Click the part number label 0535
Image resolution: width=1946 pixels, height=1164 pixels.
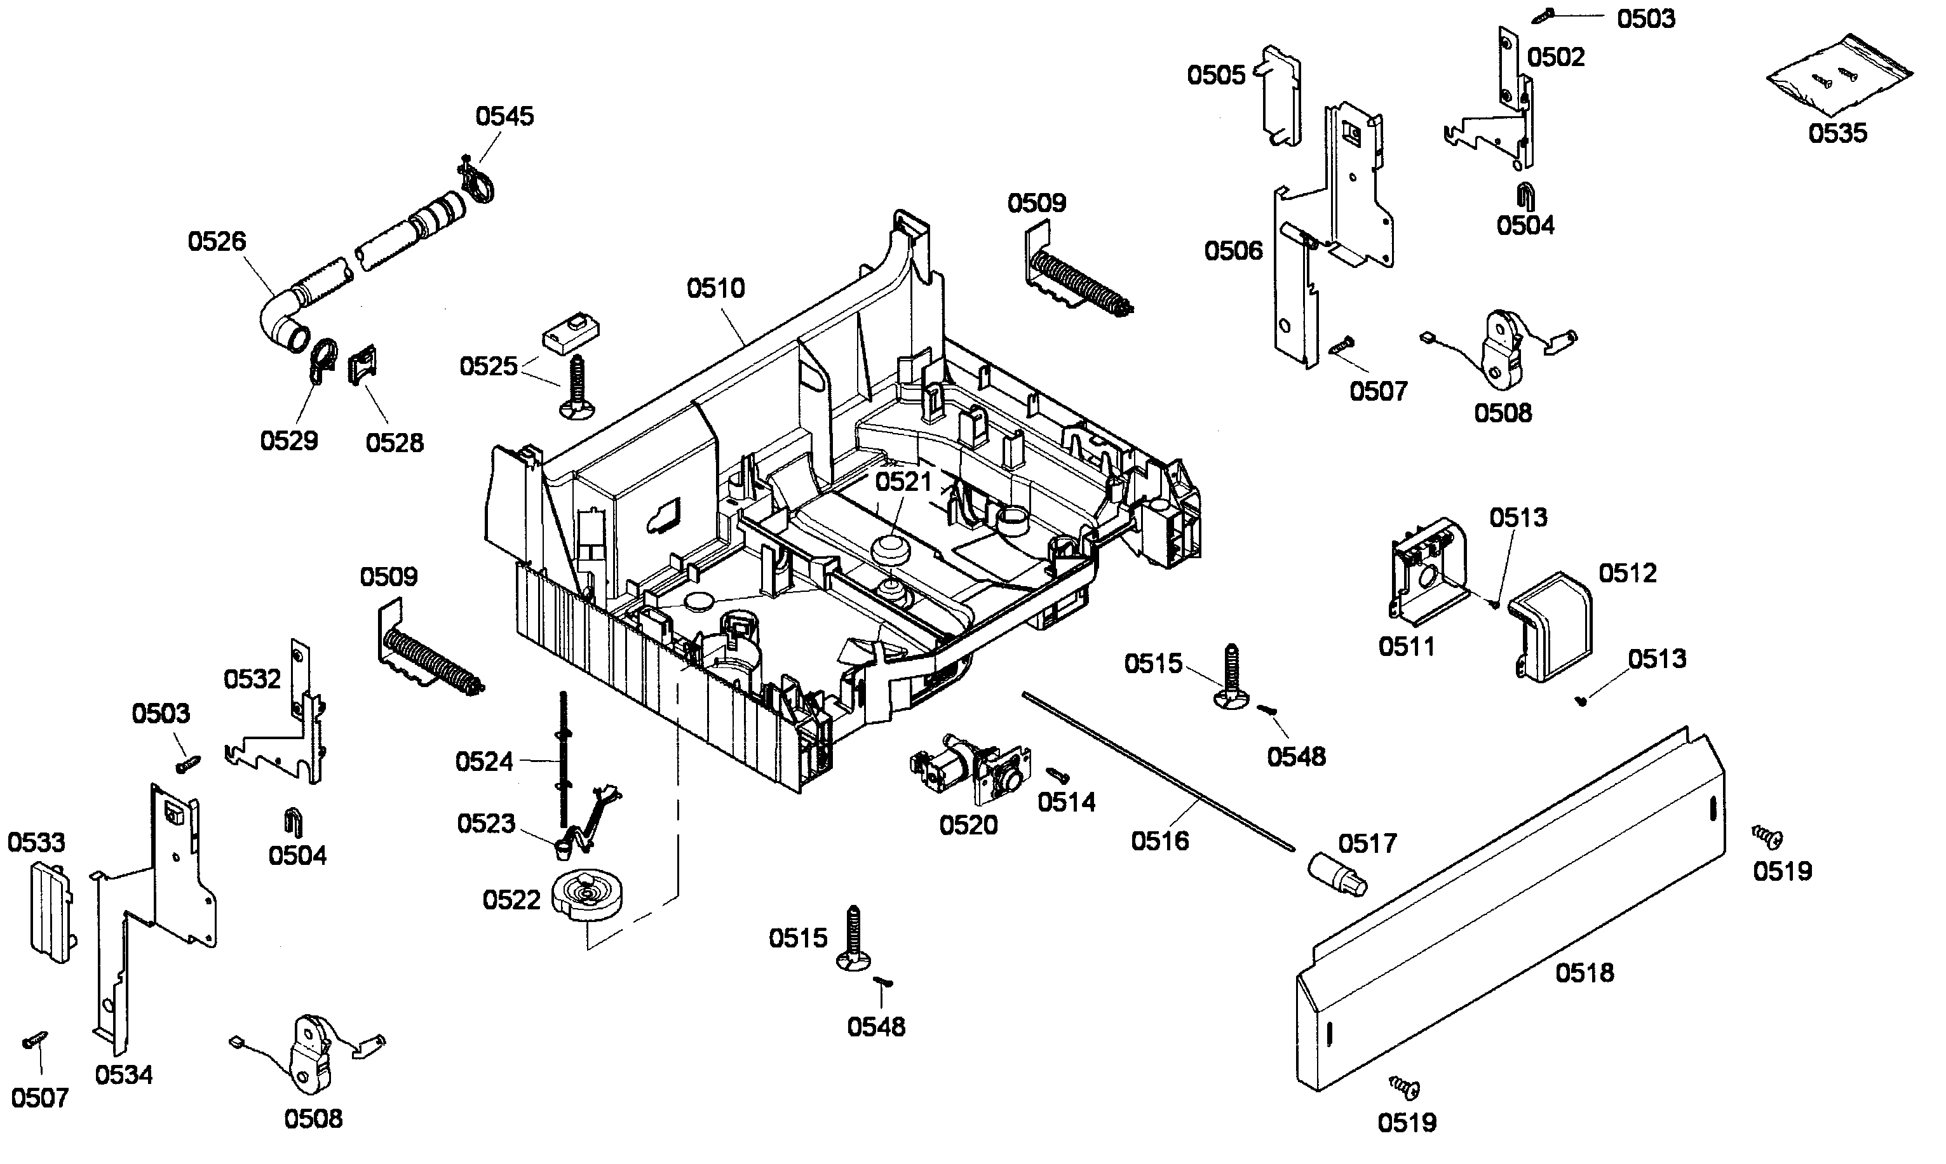point(1838,133)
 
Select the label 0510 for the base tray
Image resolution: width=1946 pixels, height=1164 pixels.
point(715,289)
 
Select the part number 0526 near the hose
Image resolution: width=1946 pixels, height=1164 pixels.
point(217,241)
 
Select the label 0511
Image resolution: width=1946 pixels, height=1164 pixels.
point(1406,647)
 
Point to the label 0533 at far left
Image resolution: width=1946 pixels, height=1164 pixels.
point(36,843)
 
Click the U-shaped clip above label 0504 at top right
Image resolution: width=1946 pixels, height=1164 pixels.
point(1525,196)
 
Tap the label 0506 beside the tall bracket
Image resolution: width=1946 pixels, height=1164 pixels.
point(1234,251)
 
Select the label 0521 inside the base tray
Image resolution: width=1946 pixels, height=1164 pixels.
point(903,481)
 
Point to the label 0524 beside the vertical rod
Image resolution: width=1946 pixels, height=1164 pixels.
point(484,761)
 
